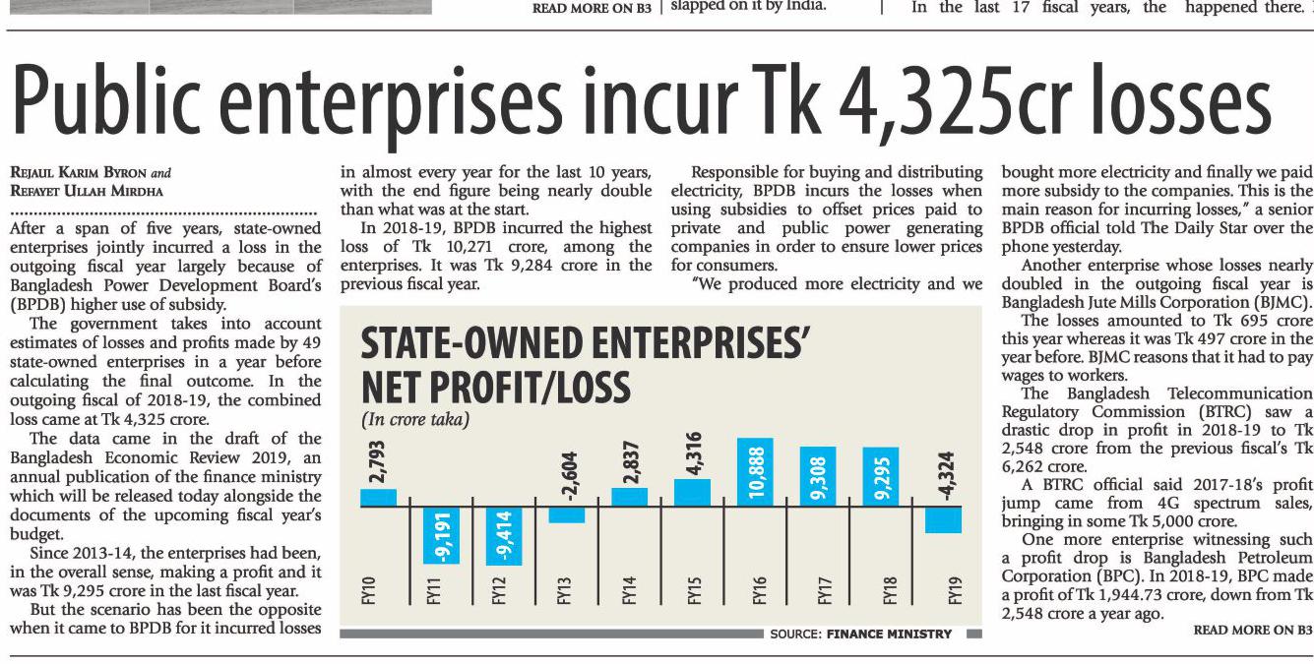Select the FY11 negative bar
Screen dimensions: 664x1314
(x=441, y=534)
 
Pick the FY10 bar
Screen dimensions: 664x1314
(x=378, y=497)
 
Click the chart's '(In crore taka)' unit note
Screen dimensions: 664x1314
(x=414, y=420)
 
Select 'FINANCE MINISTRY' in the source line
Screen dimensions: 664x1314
(x=889, y=634)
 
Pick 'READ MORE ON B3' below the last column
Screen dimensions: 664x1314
(x=1252, y=631)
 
